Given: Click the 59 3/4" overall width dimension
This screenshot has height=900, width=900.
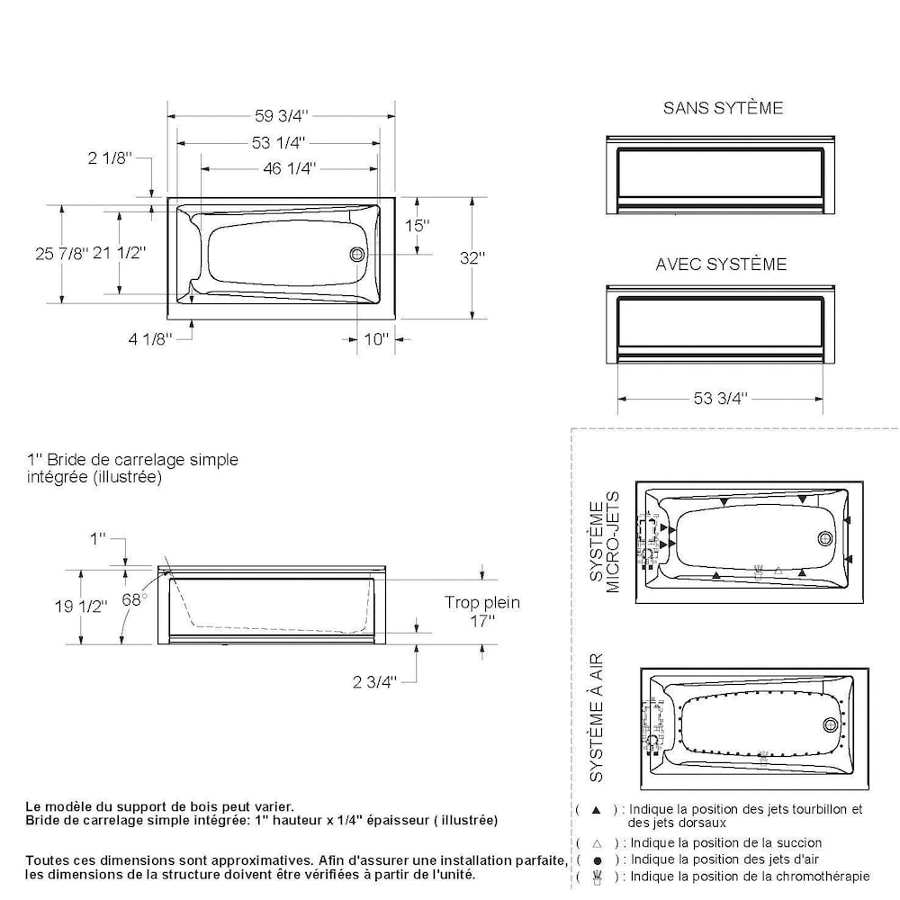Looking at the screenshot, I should pos(281,115).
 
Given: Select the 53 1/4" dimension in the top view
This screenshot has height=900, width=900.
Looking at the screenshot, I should pos(279,142).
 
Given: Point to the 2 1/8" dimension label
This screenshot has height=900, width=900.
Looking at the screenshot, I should pos(110,158).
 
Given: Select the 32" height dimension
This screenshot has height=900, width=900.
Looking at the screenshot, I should pos(472,257).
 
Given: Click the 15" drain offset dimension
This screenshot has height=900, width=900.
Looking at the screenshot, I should pos(417,226).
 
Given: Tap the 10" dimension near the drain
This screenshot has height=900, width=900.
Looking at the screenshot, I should pos(375,339).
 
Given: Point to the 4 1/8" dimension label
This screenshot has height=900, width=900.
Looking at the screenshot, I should pos(149,339).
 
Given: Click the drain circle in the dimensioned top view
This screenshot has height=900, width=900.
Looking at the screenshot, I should pos(357,255).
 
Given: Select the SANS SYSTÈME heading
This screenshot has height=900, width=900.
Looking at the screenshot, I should pos(723,108).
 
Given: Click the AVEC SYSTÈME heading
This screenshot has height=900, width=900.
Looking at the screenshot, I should pos(721,265).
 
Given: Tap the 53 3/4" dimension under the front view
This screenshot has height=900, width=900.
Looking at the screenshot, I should pos(721,399).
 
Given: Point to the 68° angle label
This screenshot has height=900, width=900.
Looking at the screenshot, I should pos(135,600).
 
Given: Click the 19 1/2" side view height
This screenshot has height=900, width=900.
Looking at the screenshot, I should pos(82,606).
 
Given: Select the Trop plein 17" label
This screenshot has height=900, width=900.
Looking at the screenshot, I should pos(482,612).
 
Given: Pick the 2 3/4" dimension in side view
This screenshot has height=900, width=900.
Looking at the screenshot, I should pos(374,681).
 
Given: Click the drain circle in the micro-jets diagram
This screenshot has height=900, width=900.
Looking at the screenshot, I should pos(825,538).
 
